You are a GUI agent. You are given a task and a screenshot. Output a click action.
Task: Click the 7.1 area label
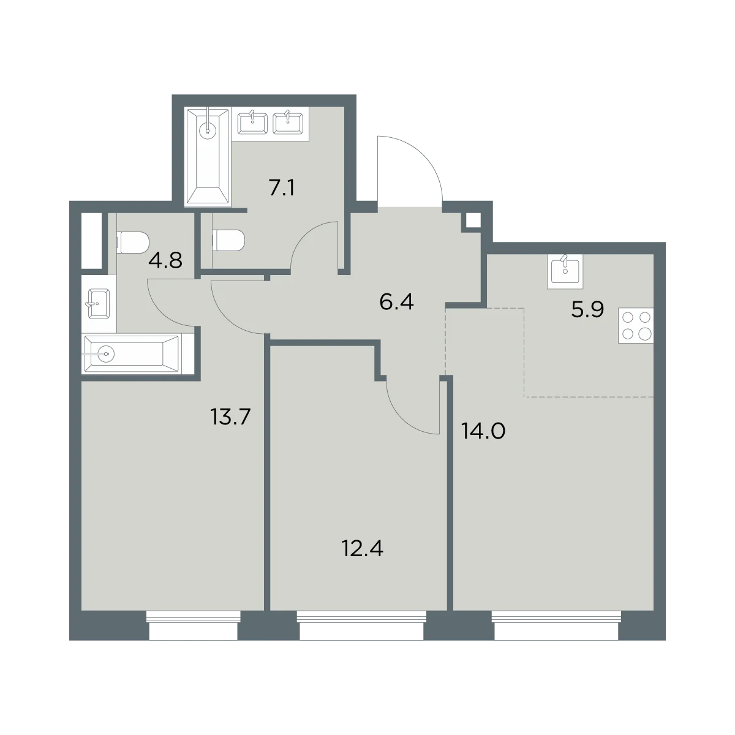coord(282,187)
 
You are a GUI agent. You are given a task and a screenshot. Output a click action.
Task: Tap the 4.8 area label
coord(165,260)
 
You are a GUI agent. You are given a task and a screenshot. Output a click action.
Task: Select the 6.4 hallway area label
coord(396,302)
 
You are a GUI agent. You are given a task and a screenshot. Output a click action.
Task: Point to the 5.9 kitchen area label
coord(587,309)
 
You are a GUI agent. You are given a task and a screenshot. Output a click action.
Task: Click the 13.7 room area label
coord(230,417)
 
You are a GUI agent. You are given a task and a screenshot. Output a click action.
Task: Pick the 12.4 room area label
coord(363,549)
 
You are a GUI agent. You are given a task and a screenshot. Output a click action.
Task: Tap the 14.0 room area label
coord(483,431)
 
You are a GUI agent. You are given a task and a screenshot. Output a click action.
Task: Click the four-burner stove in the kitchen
coord(636,326)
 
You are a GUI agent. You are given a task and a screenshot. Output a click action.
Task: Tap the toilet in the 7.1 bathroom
coord(228,240)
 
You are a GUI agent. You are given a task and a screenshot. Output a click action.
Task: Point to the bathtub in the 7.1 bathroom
coord(208,156)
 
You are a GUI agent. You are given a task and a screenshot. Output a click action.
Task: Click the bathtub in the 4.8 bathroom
coord(132,354)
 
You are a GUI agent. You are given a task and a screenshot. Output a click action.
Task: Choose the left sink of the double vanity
coord(252,123)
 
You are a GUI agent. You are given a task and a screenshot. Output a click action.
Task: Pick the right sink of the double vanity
coord(288,123)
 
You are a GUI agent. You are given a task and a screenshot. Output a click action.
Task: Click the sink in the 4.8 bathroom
coord(99,303)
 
